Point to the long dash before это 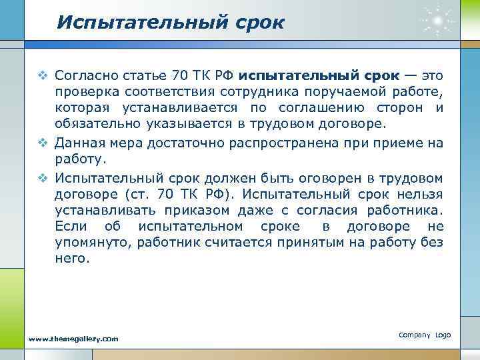coord(407,73)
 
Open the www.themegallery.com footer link coord(74,339)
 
